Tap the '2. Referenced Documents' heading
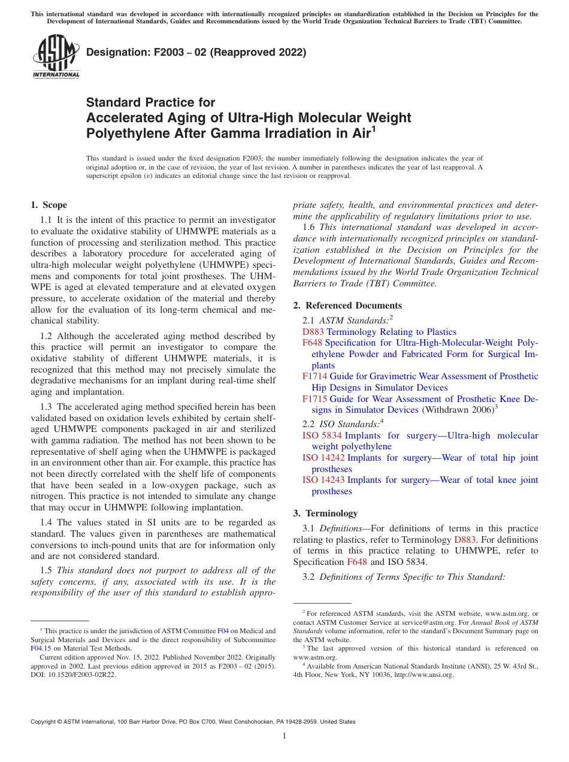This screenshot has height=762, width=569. (x=347, y=306)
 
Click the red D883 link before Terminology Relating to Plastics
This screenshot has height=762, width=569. (x=313, y=332)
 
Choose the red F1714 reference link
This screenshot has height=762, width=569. (x=314, y=376)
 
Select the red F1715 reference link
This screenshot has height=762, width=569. (x=314, y=399)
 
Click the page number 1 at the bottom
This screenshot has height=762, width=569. (x=284, y=736)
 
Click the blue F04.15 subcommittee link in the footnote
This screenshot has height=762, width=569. (x=40, y=648)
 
